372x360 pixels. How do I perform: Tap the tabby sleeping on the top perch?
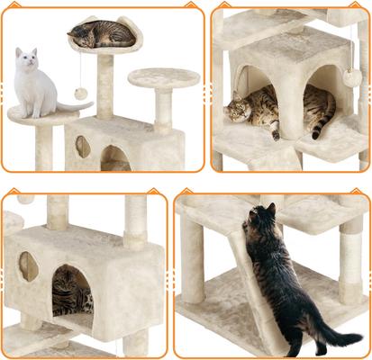[x=100, y=34]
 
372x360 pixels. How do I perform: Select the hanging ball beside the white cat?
[x=80, y=93]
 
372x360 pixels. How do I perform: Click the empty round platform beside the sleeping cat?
[x=163, y=77]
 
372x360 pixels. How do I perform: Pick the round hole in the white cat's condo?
[x=83, y=146]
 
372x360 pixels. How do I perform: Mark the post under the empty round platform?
[x=164, y=111]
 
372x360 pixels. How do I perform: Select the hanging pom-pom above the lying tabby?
[x=351, y=77]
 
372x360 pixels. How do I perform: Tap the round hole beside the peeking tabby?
[x=29, y=266]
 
